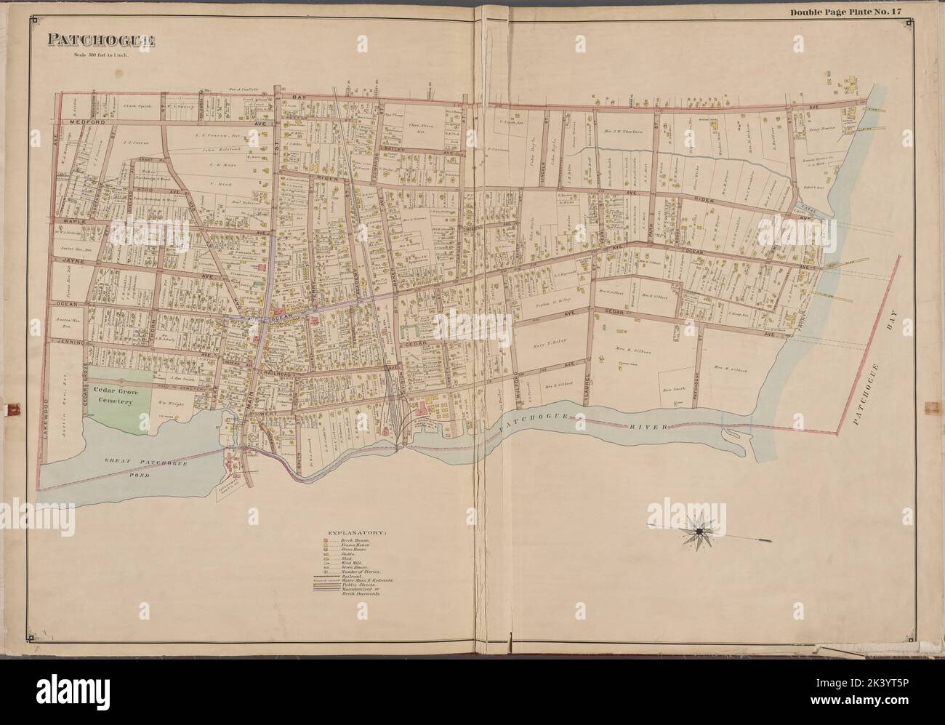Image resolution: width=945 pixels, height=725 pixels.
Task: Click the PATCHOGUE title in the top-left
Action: click(x=102, y=41)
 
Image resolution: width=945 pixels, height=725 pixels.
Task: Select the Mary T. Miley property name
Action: click(x=550, y=340)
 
